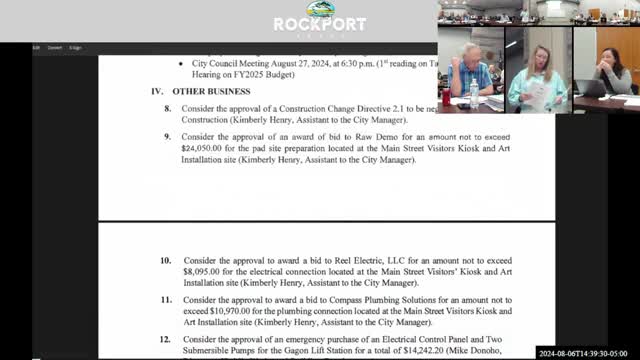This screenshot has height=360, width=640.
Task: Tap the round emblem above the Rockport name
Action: pyautogui.click(x=320, y=9)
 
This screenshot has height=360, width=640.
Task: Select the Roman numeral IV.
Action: pyautogui.click(x=157, y=91)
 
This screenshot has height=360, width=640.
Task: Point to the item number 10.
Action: pyautogui.click(x=165, y=260)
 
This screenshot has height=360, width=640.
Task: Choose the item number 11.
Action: pyautogui.click(x=165, y=300)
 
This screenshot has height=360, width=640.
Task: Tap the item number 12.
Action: pyautogui.click(x=165, y=340)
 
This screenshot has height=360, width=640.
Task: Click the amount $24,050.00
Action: pyautogui.click(x=207, y=146)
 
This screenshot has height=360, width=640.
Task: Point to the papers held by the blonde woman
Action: pyautogui.click(x=535, y=96)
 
